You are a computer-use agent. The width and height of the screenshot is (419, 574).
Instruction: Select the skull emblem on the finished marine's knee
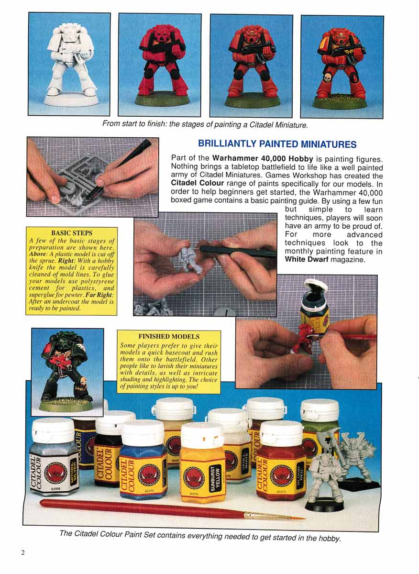tap(328, 77)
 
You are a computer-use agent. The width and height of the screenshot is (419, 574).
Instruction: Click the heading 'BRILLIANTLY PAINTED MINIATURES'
tap(277, 144)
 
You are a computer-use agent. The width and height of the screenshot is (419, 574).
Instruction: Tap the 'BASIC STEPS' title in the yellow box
tap(72, 233)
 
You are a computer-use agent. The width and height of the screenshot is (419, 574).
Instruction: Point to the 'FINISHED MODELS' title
tap(169, 336)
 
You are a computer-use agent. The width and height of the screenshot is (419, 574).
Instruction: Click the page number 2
tap(22, 552)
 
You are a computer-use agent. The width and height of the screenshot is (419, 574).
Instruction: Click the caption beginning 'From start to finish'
tap(205, 124)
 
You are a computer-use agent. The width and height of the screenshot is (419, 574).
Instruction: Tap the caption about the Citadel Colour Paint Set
tap(200, 536)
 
